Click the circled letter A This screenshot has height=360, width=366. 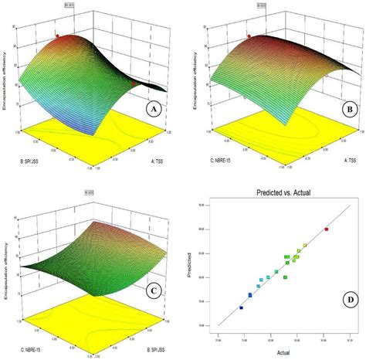click(153, 110)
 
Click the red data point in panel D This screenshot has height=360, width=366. click(326, 229)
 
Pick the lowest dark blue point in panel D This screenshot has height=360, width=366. click(241, 307)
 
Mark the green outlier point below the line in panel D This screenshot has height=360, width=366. click(285, 277)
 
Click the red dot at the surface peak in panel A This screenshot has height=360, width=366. click(56, 36)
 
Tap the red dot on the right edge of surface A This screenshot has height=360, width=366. click(134, 83)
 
